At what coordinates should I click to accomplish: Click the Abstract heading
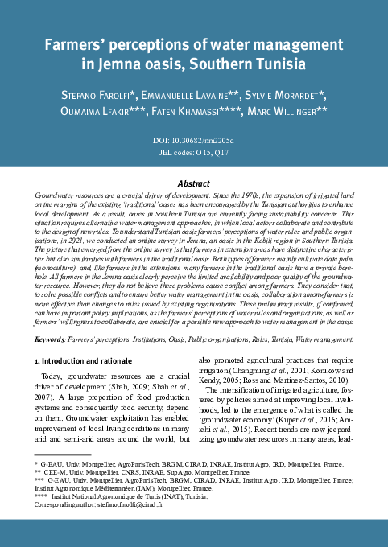pyautogui.click(x=193, y=183)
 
